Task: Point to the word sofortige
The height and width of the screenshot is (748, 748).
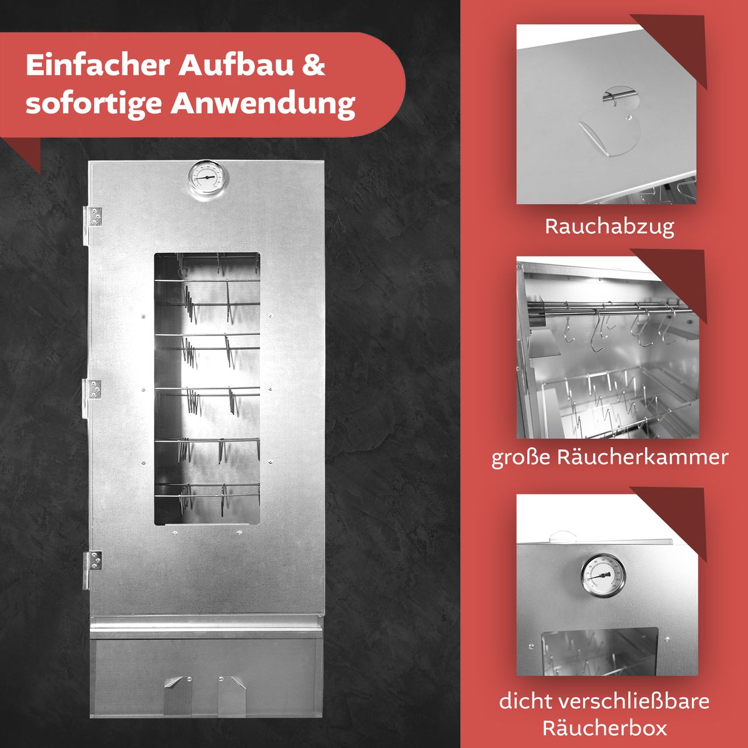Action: [x=93, y=104]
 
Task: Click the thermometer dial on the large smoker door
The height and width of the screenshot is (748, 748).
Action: [x=207, y=178]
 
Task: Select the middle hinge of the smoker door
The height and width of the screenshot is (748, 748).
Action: [x=94, y=390]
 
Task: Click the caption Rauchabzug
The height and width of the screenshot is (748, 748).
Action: [x=609, y=227]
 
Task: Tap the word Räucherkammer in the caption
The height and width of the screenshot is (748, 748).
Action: [x=642, y=457]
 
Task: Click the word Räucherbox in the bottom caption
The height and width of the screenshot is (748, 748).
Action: [x=605, y=729]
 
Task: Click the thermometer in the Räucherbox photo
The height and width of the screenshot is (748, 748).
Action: [x=602, y=576]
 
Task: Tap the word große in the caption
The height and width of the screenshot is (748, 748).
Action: [x=521, y=458]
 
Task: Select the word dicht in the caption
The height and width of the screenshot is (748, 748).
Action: [x=524, y=701]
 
